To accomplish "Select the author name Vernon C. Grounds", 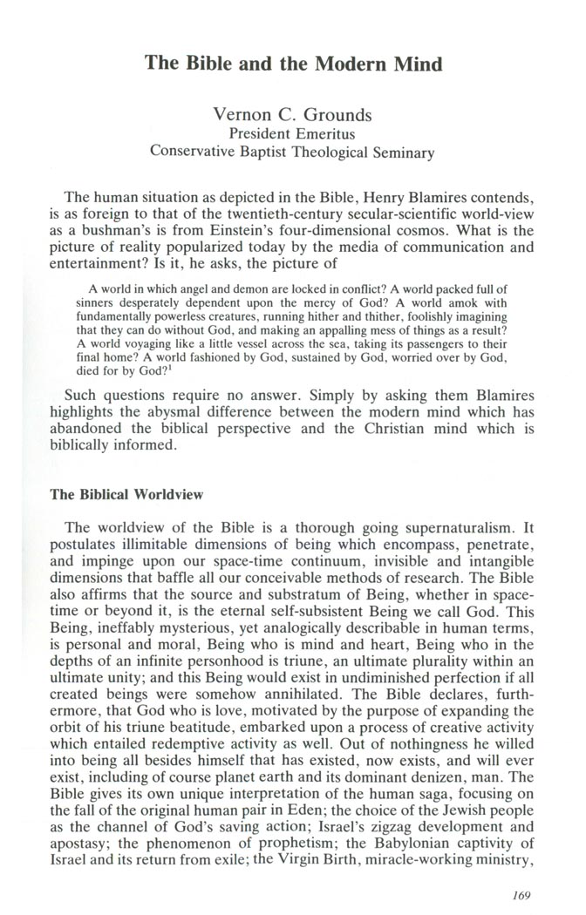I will point(293,115).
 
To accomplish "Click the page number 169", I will point(529,892).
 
